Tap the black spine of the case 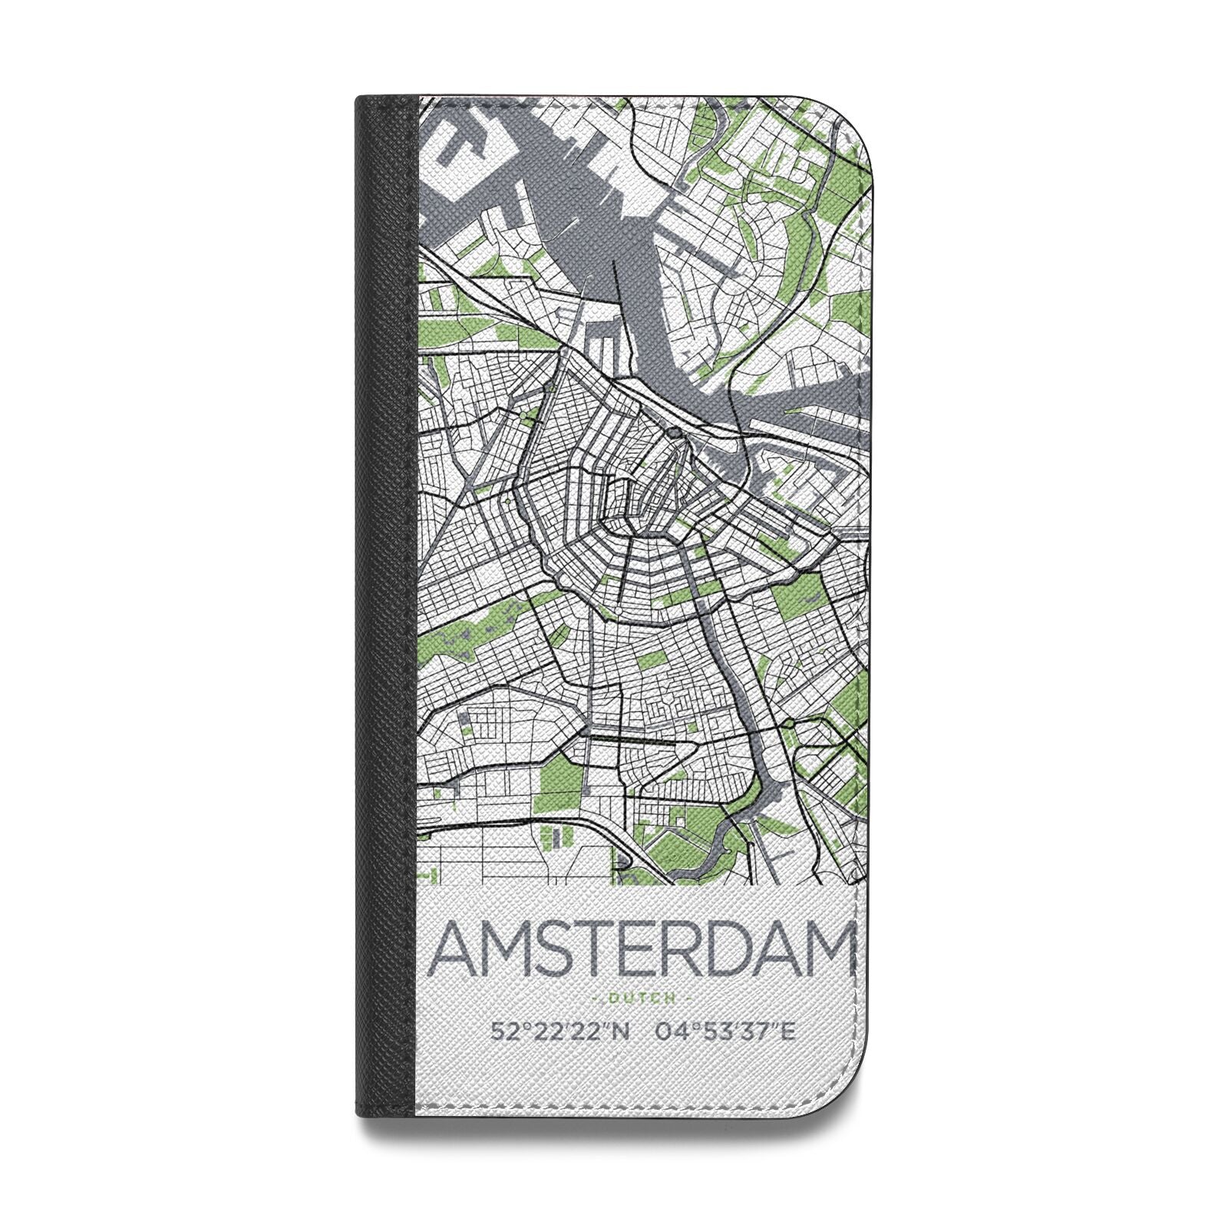pyautogui.click(x=388, y=614)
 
